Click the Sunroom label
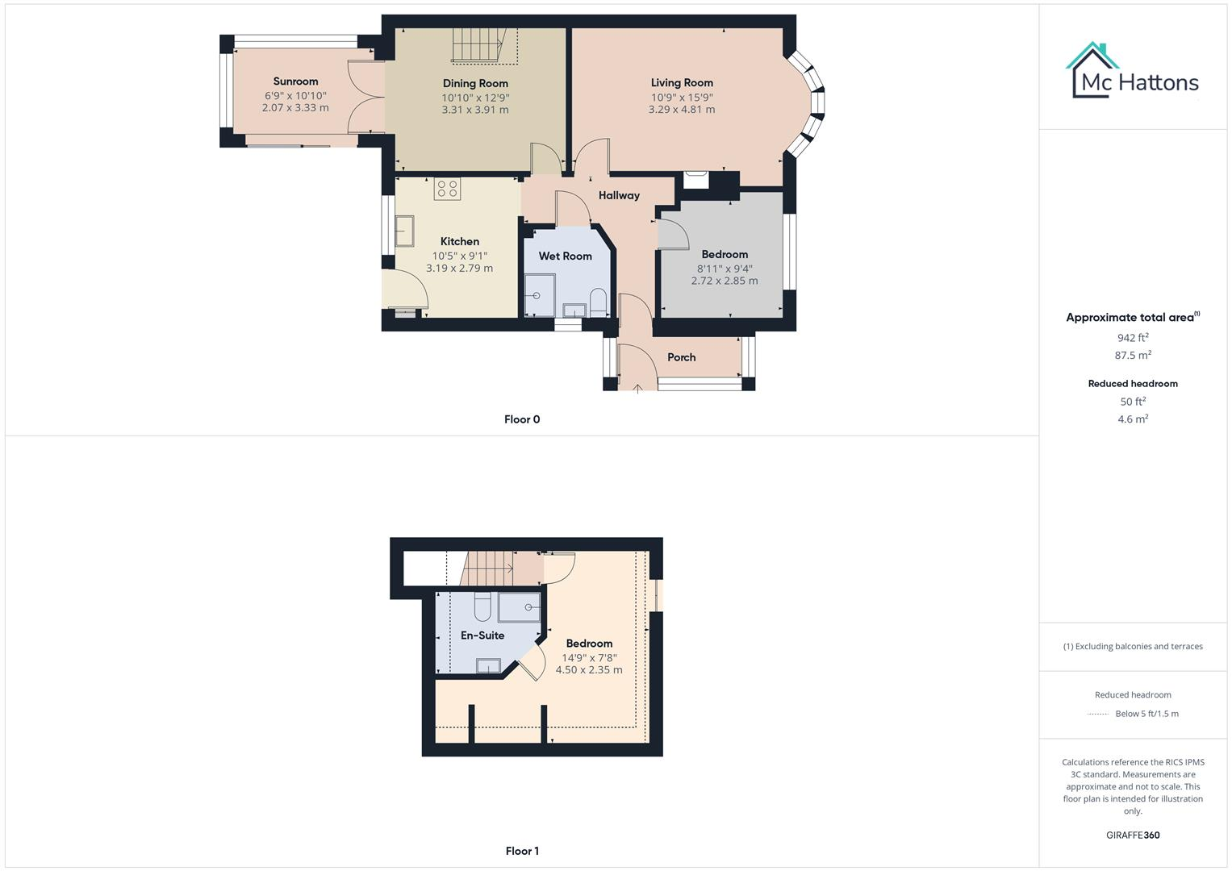[295, 81]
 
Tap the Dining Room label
[475, 83]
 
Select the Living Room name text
[682, 82]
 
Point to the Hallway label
[619, 195]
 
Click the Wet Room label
[565, 256]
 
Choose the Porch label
[681, 357]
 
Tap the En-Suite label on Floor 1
[482, 636]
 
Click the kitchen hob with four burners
[447, 189]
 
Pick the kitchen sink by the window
[404, 231]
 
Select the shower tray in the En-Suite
[519, 607]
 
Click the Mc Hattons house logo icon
[1093, 69]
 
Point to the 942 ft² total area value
[1133, 338]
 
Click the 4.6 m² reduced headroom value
[1133, 419]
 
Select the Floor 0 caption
[522, 419]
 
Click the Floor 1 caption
[522, 851]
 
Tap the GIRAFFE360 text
[1133, 836]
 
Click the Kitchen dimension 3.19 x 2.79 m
[459, 269]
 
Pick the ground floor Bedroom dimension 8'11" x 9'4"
[725, 269]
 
